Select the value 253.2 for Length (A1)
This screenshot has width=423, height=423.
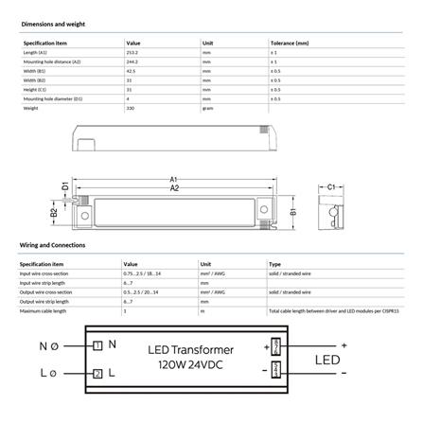tap(132, 53)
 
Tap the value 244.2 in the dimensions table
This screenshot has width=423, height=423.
tap(132, 62)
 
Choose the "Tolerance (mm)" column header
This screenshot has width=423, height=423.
tap(289, 44)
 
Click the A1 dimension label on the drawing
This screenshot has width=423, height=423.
tap(173, 178)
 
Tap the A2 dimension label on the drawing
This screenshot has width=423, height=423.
tap(173, 188)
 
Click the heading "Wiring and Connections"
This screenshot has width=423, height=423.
tap(52, 244)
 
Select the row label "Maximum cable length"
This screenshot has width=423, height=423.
tap(44, 310)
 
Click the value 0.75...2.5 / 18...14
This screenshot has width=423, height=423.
tap(143, 273)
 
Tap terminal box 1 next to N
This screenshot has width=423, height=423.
tap(97, 345)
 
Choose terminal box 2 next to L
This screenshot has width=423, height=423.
tap(97, 374)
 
